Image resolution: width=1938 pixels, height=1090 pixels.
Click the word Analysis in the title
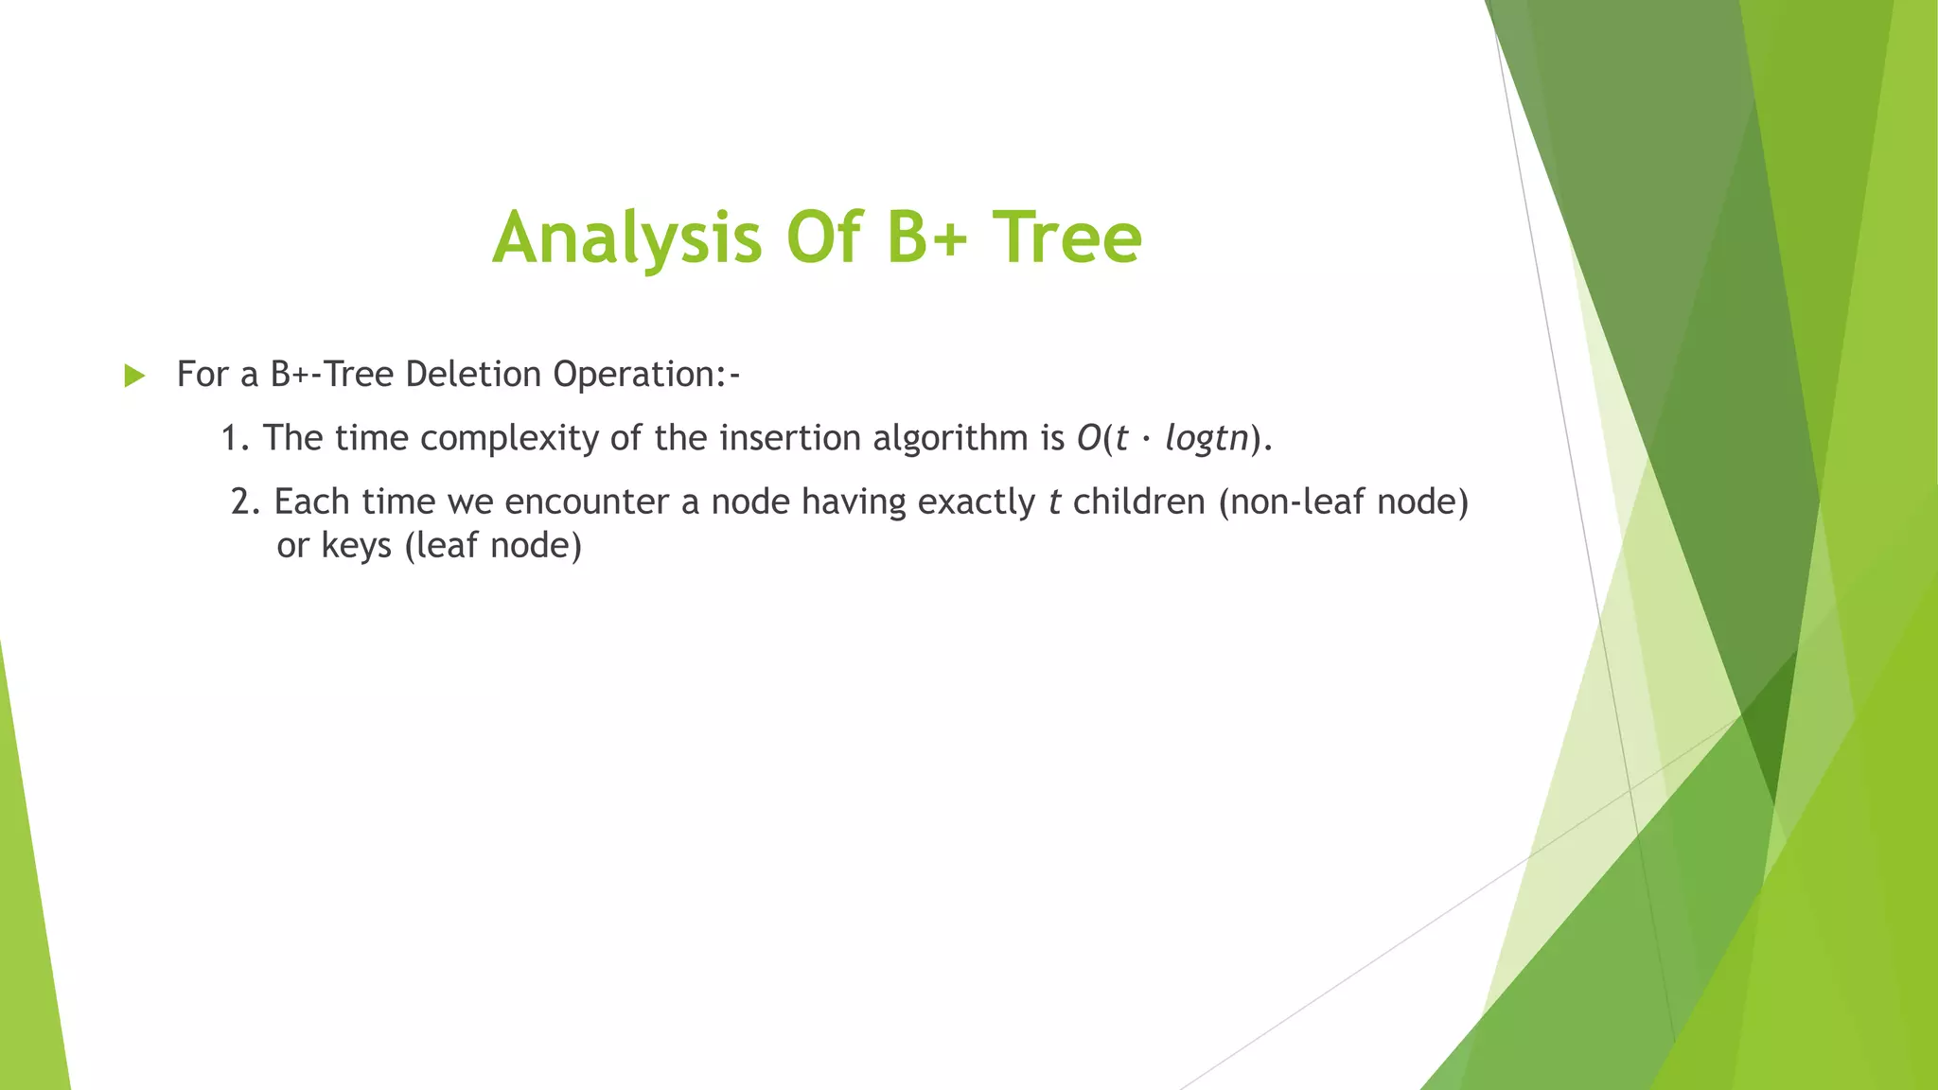(626, 237)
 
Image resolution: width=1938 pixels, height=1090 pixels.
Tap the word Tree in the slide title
(1066, 237)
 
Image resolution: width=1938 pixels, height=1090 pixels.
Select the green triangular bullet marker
(134, 376)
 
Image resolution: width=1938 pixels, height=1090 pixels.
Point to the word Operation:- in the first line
(646, 376)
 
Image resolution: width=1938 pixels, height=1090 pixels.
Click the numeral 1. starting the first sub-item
(235, 438)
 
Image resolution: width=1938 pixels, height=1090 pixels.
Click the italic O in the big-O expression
(1088, 438)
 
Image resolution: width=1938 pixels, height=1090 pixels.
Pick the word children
(1138, 501)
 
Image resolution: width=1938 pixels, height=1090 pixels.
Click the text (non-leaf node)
(1343, 501)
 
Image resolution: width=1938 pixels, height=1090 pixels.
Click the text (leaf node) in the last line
(493, 546)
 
